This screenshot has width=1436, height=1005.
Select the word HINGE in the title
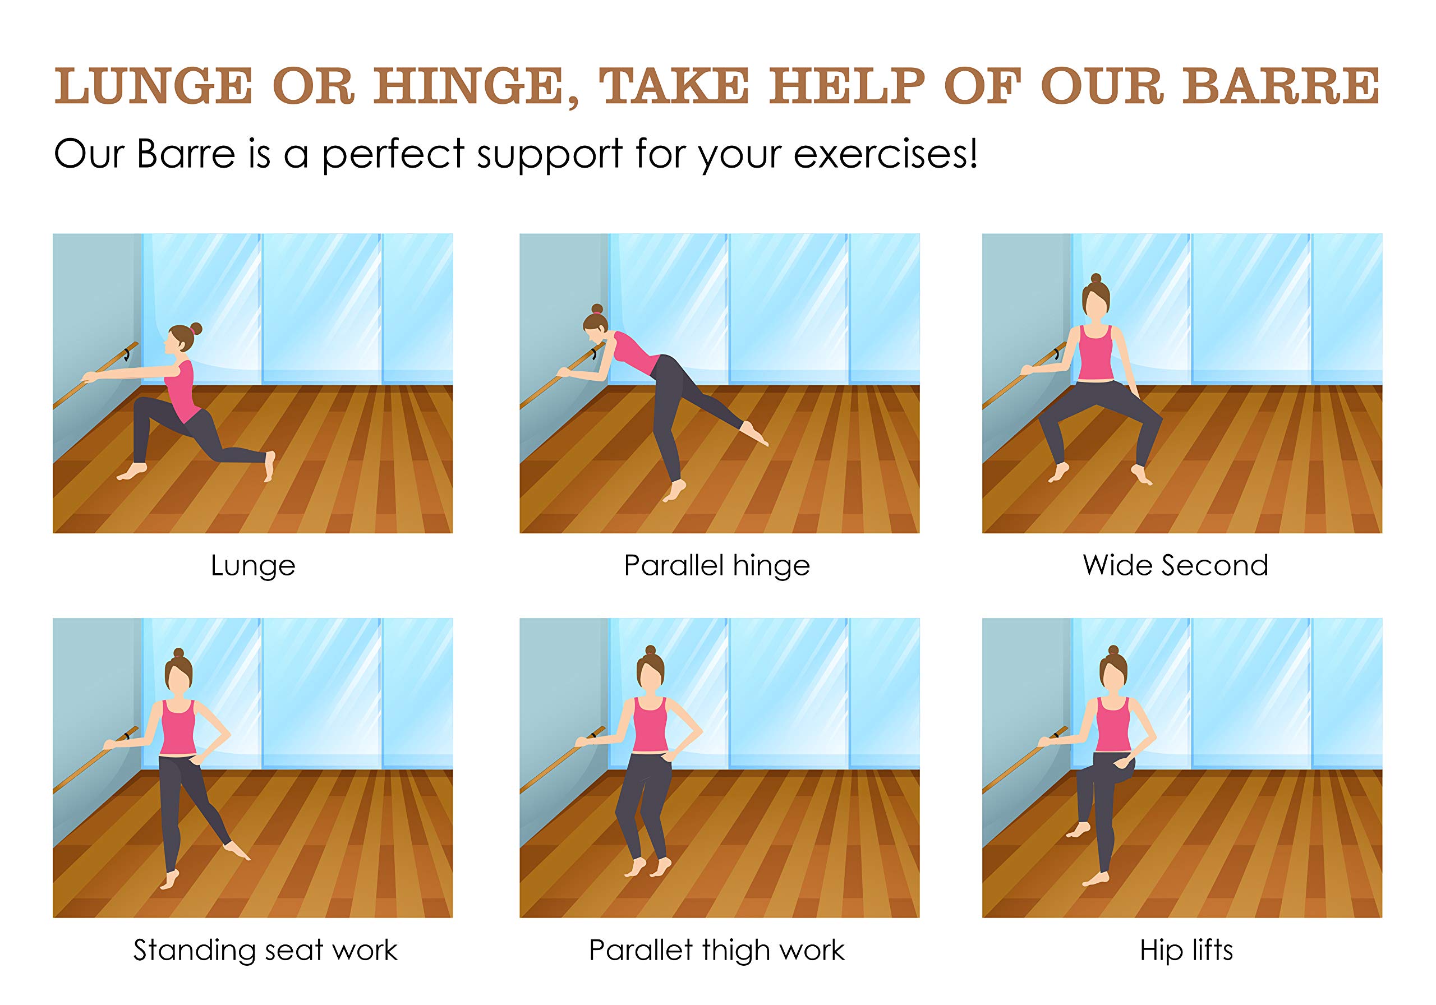tap(476, 87)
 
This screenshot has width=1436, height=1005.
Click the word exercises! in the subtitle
tap(886, 154)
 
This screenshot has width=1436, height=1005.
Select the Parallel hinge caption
tap(717, 566)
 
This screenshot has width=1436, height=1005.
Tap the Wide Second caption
tap(1175, 565)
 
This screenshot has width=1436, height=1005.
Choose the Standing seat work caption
tap(265, 950)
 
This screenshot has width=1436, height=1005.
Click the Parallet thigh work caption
tap(717, 951)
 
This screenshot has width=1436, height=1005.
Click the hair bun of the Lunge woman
tap(196, 328)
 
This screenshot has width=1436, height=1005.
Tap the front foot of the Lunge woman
tap(132, 472)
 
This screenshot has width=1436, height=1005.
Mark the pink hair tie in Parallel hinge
tap(597, 310)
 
